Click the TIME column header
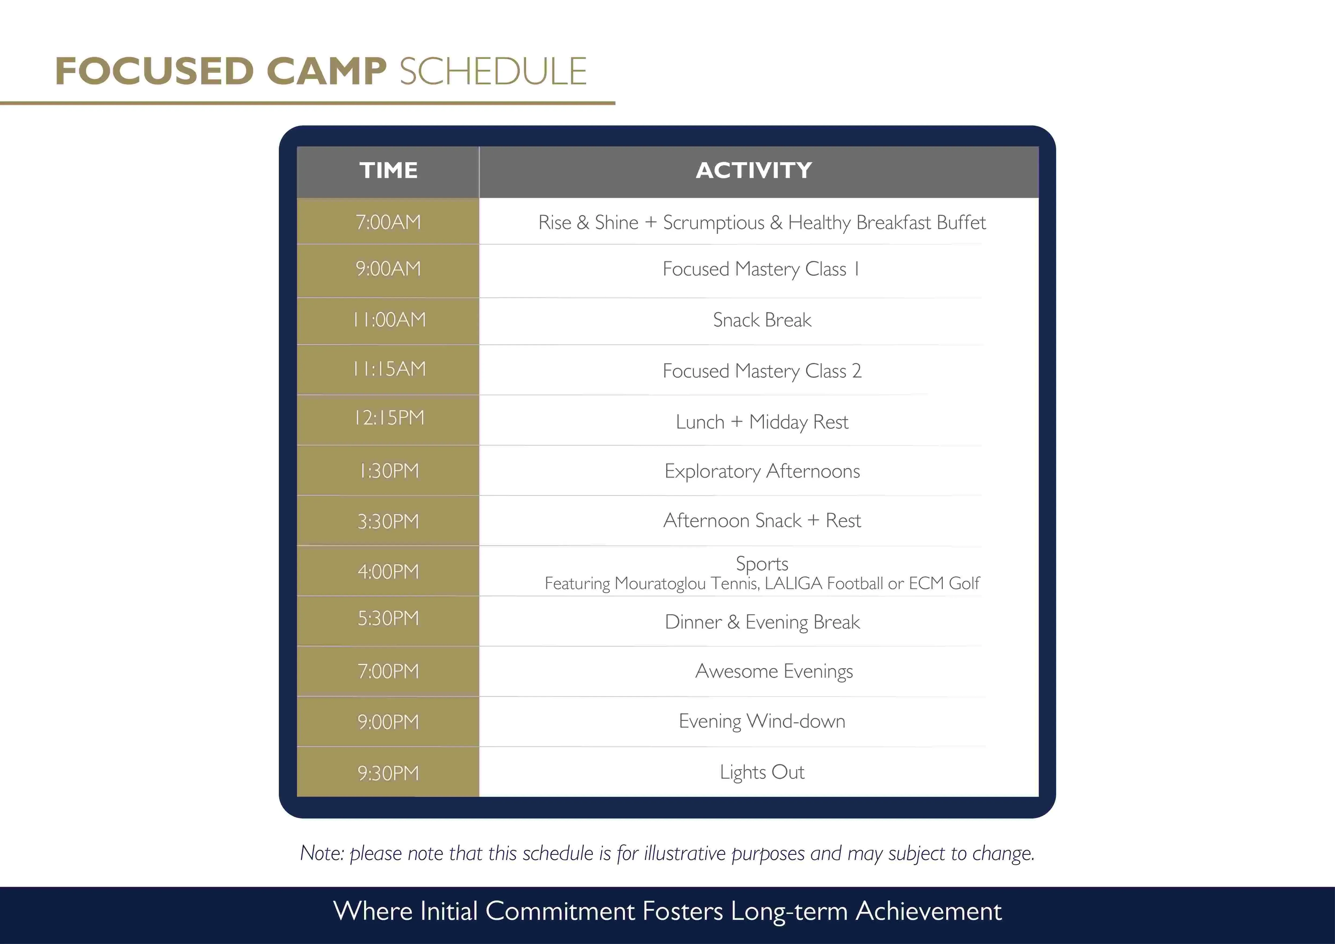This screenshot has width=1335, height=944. (389, 170)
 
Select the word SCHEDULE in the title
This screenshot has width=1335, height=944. (493, 71)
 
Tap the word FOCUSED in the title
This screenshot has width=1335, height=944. (154, 71)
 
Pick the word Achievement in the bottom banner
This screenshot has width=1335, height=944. (928, 911)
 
